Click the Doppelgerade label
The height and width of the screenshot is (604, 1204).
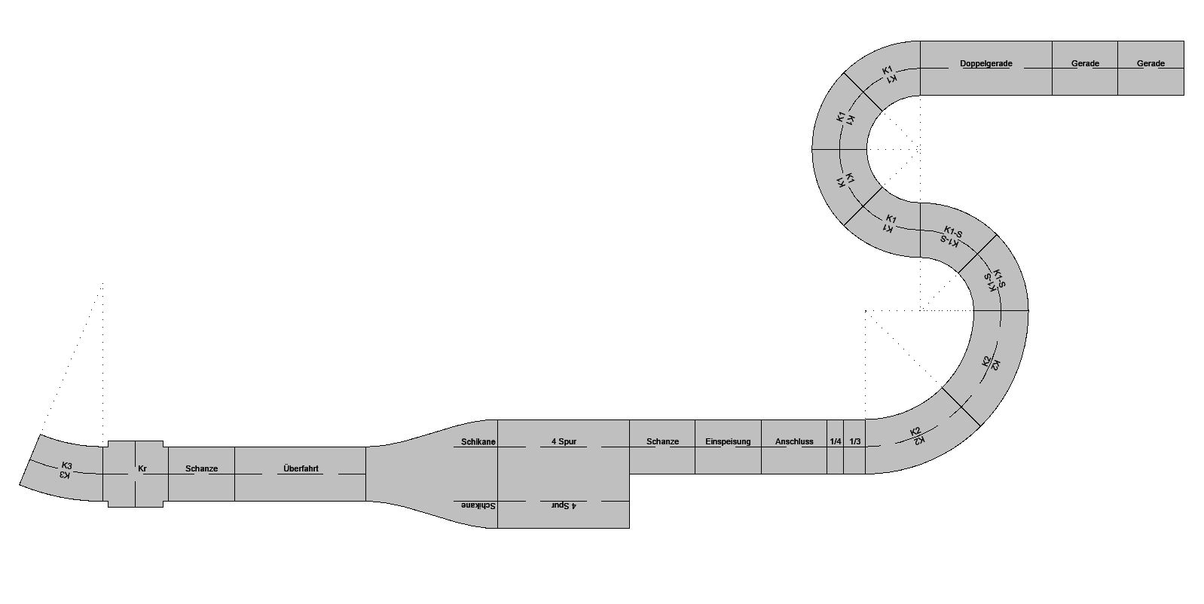[x=986, y=63]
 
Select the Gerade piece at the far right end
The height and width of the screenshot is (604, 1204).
[x=1151, y=69]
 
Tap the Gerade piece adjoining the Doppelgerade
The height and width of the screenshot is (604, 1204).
[x=1085, y=69]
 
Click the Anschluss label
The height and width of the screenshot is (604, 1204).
[x=794, y=442]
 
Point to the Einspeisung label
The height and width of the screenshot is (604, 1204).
[x=728, y=442]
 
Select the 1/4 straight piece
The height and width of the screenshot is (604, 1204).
[x=836, y=447]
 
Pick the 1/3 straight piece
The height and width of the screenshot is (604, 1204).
[x=854, y=447]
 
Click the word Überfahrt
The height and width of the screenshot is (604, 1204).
[x=301, y=468]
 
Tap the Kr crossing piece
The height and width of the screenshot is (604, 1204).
[x=136, y=474]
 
